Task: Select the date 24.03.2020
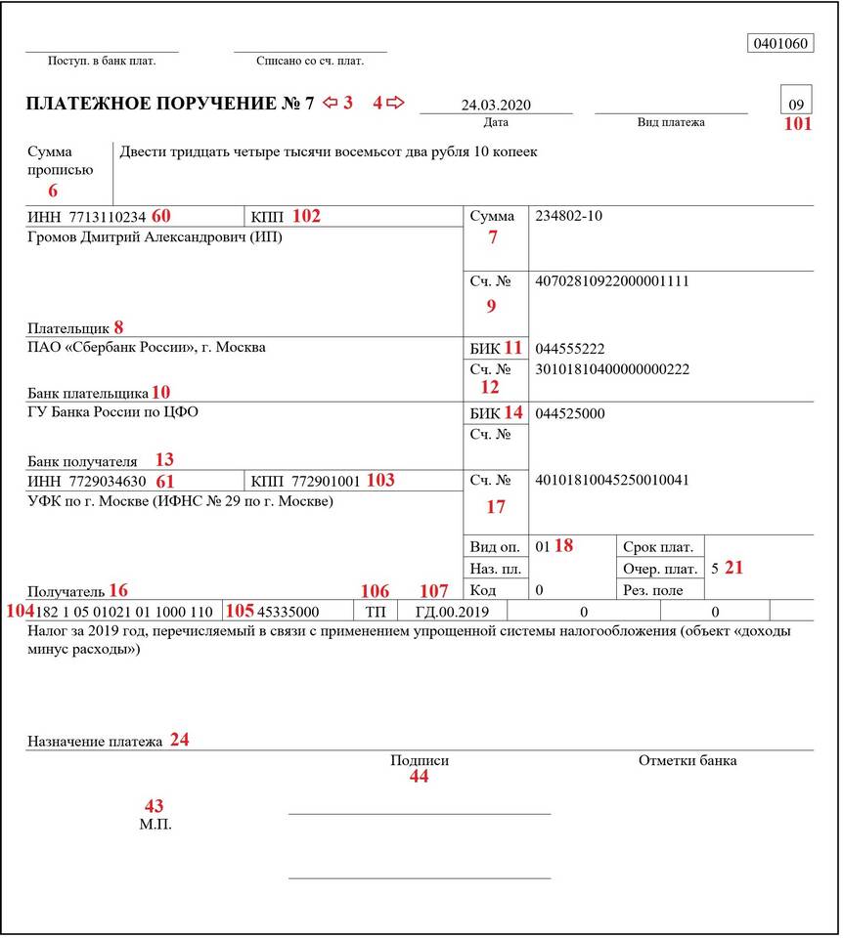click(x=496, y=105)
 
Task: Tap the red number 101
click(x=798, y=124)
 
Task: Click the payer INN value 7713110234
click(x=108, y=216)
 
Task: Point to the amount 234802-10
click(x=569, y=216)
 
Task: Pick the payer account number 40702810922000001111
click(x=612, y=281)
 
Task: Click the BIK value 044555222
click(x=570, y=348)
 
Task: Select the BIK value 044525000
click(x=570, y=413)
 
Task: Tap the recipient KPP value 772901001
click(x=326, y=481)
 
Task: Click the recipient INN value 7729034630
click(x=108, y=481)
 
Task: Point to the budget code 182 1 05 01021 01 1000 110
click(x=124, y=612)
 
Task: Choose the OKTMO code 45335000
click(x=288, y=612)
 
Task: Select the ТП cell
click(x=375, y=612)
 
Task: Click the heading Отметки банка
click(x=688, y=760)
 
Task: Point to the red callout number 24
click(x=179, y=740)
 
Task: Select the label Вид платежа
click(x=671, y=122)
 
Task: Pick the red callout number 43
click(x=154, y=806)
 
